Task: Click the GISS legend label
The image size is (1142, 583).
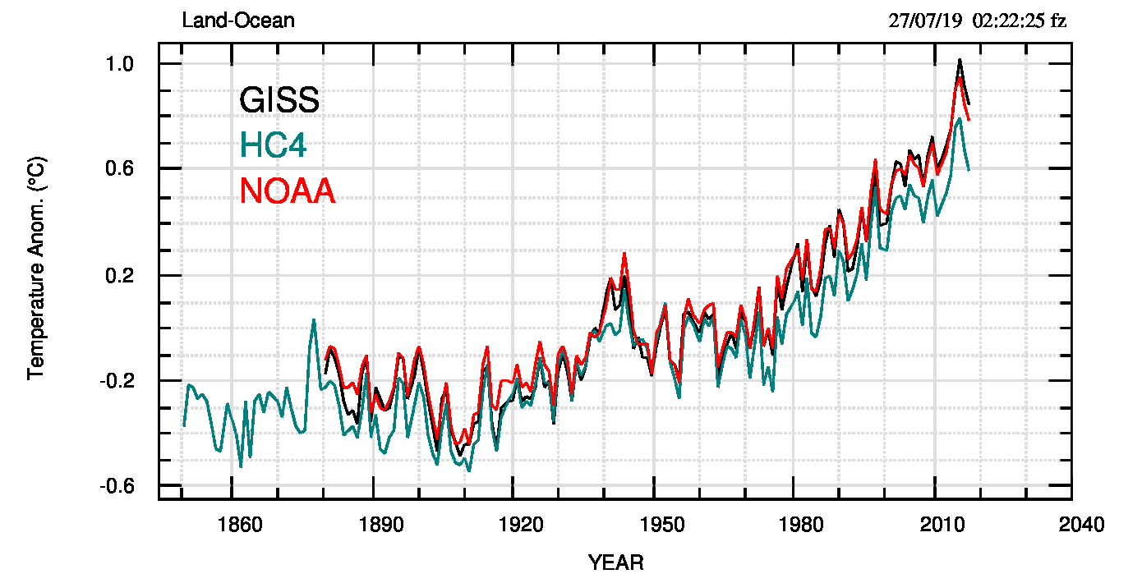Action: coord(279,100)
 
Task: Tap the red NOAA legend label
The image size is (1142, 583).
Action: coord(288,191)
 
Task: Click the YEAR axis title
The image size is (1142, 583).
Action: coord(616,562)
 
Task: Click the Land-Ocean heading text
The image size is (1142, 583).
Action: coord(238,21)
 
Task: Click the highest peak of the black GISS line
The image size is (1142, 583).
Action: coord(959,60)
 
